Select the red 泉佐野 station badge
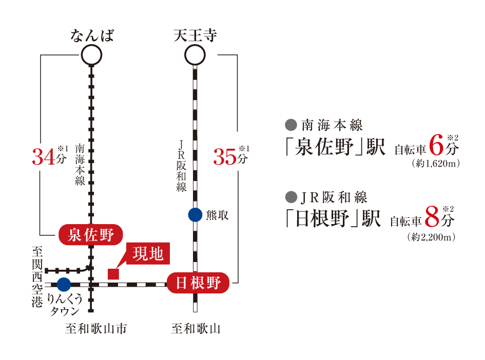(x=91, y=235)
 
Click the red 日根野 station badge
(x=198, y=283)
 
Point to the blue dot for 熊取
(x=195, y=215)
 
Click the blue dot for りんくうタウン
(x=64, y=284)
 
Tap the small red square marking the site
(x=113, y=274)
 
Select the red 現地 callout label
(x=148, y=253)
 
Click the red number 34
(x=44, y=157)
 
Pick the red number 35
(x=225, y=157)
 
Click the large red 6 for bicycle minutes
(x=436, y=145)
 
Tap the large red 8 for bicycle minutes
(x=432, y=216)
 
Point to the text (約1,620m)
(x=436, y=164)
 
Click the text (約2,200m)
(x=432, y=237)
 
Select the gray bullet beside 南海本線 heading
(x=291, y=125)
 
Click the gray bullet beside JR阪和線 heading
(x=291, y=197)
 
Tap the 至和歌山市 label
(x=96, y=329)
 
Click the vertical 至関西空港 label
(x=37, y=277)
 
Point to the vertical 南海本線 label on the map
(x=80, y=165)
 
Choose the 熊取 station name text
(x=217, y=215)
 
